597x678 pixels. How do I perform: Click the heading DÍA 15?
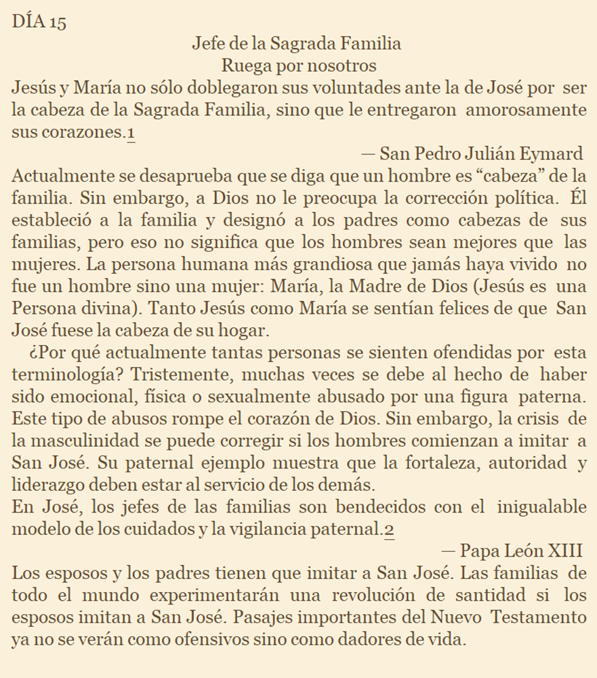[39, 21]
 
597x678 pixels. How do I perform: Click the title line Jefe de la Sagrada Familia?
[297, 44]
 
